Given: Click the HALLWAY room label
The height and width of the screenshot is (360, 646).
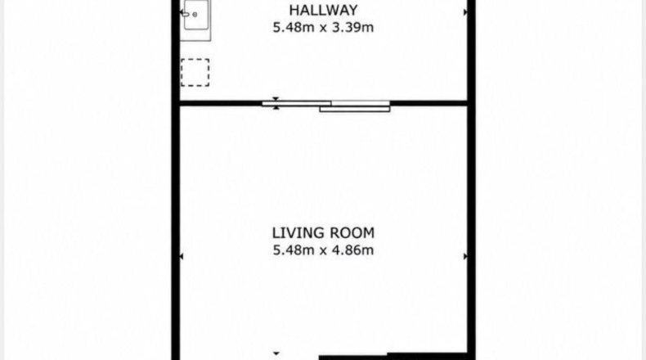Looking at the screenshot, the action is click(x=324, y=10).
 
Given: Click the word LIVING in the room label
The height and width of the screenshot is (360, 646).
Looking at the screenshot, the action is click(x=295, y=233).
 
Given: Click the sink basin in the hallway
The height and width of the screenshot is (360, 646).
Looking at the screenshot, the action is click(x=196, y=15).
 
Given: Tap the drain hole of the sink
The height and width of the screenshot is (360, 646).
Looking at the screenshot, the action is click(x=195, y=15).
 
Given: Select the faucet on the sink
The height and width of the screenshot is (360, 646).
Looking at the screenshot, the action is click(x=186, y=15).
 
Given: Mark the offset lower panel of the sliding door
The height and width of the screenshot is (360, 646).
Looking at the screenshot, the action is click(x=355, y=110).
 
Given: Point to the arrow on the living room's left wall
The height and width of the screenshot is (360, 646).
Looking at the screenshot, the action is click(x=182, y=256).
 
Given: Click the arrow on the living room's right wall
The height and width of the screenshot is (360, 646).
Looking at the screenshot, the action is click(x=465, y=256).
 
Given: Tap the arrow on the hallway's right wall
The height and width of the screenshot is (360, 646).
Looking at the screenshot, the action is click(x=465, y=12).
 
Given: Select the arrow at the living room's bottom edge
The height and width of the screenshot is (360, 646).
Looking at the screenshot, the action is click(x=276, y=353).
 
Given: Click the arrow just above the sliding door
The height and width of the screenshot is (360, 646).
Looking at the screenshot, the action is click(x=276, y=98).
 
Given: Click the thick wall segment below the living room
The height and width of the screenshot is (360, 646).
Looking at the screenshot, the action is click(x=393, y=357).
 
